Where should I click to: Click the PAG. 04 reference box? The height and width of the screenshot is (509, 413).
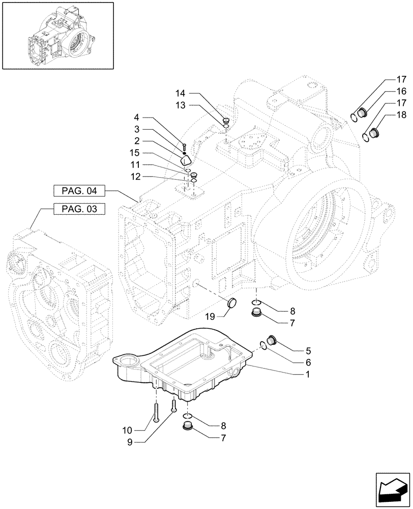pyautogui.click(x=78, y=191)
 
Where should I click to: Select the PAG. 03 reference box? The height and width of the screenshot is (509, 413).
pyautogui.click(x=78, y=209)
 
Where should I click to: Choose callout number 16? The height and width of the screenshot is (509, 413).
pyautogui.click(x=401, y=92)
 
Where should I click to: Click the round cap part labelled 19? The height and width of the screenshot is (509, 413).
pyautogui.click(x=233, y=303)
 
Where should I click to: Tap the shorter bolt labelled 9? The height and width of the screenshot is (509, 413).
pyautogui.click(x=174, y=405)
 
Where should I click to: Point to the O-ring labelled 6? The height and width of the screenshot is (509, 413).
pyautogui.click(x=262, y=347)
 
